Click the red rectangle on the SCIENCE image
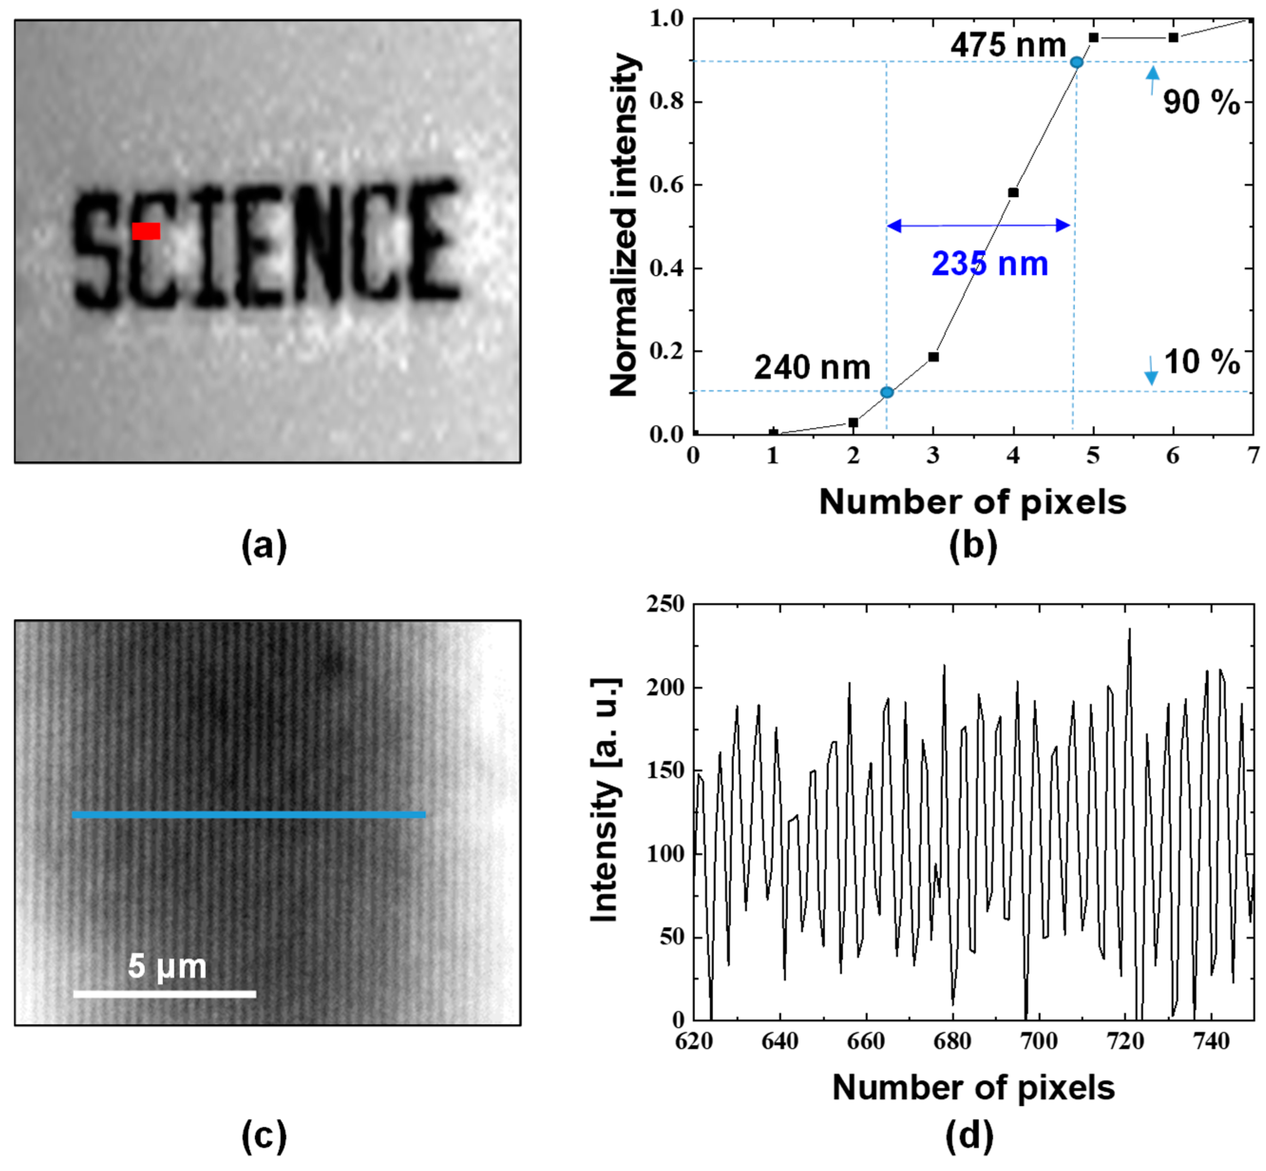coord(146,231)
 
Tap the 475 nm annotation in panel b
coord(1008,46)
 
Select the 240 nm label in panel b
coord(812,368)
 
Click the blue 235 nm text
coord(990,264)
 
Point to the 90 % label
coord(1201,102)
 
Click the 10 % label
coord(1201,362)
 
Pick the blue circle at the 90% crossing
coord(1076,62)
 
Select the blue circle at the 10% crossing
coord(887,392)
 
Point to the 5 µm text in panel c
coord(167,966)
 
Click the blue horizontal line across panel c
coord(248,815)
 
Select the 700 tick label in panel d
coord(1039,1041)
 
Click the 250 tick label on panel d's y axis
coord(665,604)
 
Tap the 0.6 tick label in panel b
coord(667,185)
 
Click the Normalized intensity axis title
coord(624,225)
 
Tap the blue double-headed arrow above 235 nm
coord(978,225)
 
